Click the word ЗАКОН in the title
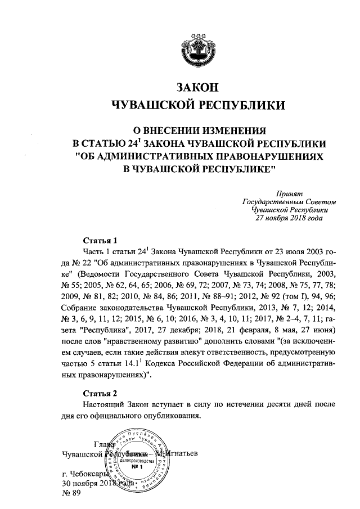[196, 88]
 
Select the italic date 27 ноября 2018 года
[289, 218]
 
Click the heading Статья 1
[99, 240]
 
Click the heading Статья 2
[99, 392]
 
